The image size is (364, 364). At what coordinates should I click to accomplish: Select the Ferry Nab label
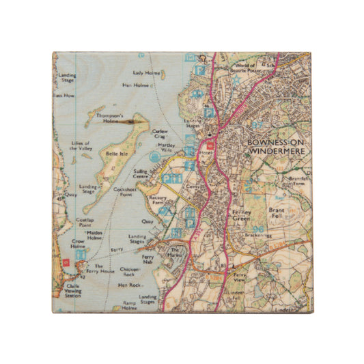[147, 259]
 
